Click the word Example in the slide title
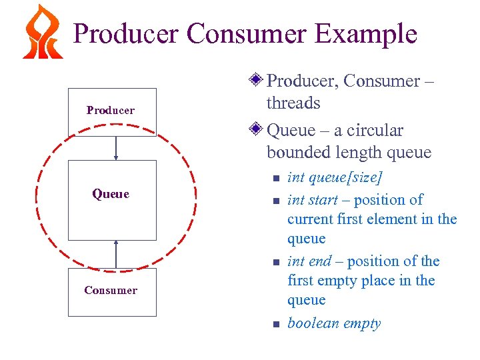[365, 33]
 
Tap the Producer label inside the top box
[111, 110]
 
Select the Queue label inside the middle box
[111, 194]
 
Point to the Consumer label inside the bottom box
[111, 290]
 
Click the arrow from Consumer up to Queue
[116, 254]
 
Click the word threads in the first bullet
[293, 103]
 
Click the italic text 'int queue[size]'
[335, 178]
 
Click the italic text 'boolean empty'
[334, 323]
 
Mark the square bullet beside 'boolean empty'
[274, 325]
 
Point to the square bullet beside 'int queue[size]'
[274, 179]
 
